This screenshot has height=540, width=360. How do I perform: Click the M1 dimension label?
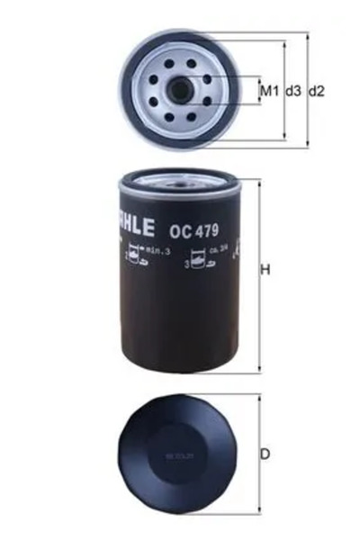pos(268,91)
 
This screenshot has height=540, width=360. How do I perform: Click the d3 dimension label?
pos(292,91)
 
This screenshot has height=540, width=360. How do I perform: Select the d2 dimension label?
pos(316,91)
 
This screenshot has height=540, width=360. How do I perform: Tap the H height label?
pos(265,269)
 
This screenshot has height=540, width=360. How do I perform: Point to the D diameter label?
pos(265,454)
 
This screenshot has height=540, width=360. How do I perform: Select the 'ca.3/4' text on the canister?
pos(216,248)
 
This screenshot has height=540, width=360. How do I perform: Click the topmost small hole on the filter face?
pos(180,61)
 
